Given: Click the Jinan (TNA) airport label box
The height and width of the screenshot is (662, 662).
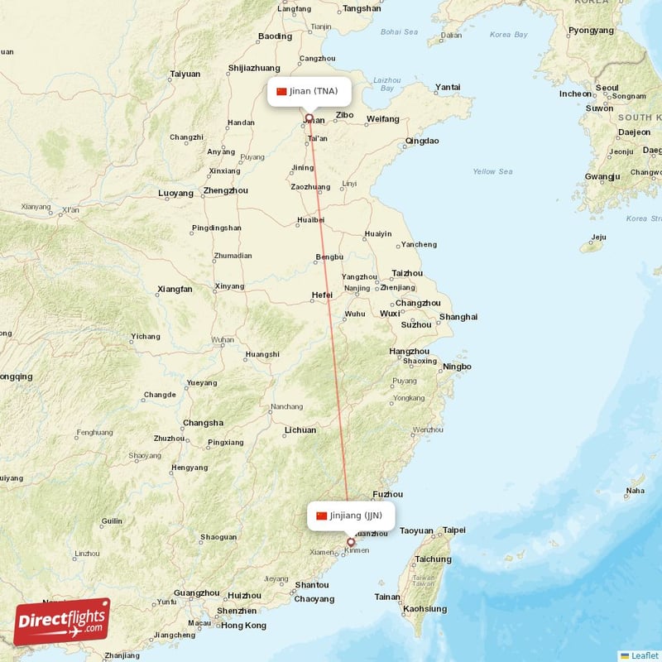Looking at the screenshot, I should [x=308, y=91].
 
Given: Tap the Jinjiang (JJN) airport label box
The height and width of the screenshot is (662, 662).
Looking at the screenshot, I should [x=349, y=516].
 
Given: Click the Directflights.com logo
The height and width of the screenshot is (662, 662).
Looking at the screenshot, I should [x=62, y=621].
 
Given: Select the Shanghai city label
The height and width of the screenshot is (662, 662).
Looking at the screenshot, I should [x=458, y=317].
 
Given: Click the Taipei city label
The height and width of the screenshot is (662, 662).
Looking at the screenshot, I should [x=454, y=530].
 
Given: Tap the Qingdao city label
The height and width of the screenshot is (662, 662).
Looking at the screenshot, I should [x=422, y=141].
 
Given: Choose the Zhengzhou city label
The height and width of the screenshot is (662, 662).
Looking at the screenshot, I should [x=225, y=190].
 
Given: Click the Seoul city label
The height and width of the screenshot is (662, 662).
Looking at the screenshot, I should [x=607, y=87].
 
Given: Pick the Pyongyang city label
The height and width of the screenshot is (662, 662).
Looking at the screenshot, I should [x=591, y=31].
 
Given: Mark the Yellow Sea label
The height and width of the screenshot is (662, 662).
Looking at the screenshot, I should [x=492, y=171].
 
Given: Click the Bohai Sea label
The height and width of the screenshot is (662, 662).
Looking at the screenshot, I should [x=399, y=31].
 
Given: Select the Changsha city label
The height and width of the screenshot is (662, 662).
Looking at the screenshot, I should [x=203, y=423].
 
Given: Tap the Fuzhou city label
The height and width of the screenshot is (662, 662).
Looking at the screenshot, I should [x=388, y=494].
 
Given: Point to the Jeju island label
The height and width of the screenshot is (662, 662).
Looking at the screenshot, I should [x=599, y=237].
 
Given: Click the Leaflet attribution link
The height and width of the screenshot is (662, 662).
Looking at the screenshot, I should [x=644, y=655].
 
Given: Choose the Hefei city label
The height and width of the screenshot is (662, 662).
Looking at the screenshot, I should [x=322, y=295].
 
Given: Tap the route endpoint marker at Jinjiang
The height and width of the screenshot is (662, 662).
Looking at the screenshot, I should [x=350, y=543].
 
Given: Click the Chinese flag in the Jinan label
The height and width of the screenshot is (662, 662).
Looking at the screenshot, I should [x=281, y=91].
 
